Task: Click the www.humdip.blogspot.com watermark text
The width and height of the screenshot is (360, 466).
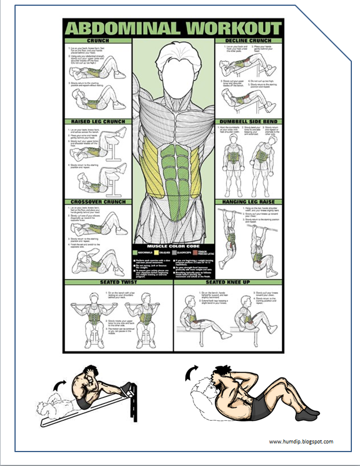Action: tap(301, 442)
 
